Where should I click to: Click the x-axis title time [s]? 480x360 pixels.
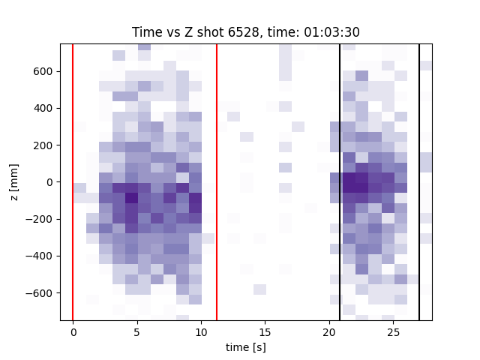click(x=246, y=347)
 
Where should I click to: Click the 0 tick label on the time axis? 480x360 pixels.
click(x=73, y=331)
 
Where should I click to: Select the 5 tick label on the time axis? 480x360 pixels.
click(x=136, y=331)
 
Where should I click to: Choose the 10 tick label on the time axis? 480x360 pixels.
click(x=201, y=331)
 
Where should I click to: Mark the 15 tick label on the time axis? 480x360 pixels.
click(x=265, y=331)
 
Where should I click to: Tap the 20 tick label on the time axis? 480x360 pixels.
click(x=329, y=331)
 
